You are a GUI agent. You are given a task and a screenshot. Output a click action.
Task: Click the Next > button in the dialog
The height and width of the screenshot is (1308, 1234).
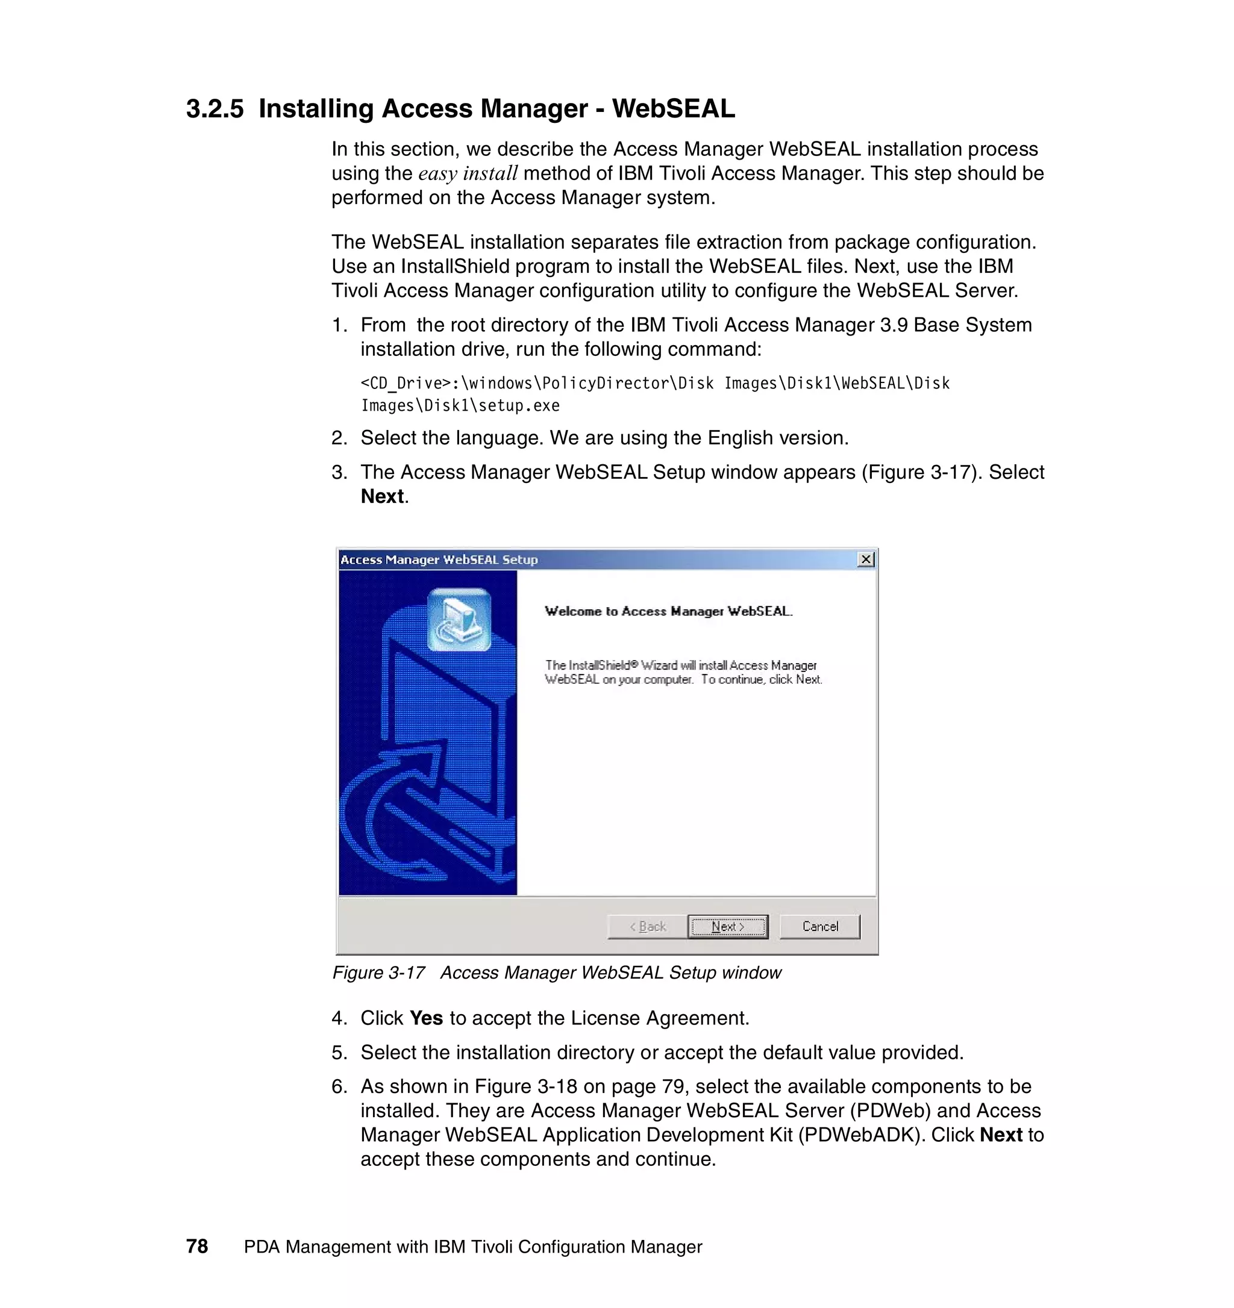[x=727, y=926]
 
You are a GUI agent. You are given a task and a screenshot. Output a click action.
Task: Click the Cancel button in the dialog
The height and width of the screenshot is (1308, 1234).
[x=819, y=926]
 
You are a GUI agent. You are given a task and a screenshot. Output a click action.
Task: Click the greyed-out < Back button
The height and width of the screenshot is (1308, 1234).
[x=648, y=926]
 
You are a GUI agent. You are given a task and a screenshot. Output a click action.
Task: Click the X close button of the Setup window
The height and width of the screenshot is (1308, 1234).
[x=866, y=559]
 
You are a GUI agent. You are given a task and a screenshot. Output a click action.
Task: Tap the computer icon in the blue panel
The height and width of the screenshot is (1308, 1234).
[x=459, y=620]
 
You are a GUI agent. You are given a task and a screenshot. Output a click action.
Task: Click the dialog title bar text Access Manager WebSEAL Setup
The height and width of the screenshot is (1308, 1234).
[x=439, y=560]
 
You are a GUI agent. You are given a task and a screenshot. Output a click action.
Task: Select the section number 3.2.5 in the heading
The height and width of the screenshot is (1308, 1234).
[x=215, y=109]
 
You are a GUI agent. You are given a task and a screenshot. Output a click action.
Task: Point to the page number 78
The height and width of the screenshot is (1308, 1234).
[x=197, y=1246]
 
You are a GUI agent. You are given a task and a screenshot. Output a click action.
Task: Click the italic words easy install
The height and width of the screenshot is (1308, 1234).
[x=468, y=173]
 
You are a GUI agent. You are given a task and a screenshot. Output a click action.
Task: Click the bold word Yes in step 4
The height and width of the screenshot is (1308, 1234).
[x=426, y=1018]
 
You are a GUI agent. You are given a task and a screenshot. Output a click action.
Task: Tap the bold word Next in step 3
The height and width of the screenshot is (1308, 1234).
[x=383, y=497]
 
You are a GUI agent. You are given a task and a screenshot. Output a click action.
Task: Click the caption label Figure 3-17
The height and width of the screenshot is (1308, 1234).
[x=378, y=973]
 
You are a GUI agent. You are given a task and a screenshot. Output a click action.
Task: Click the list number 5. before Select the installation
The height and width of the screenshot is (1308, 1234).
[x=339, y=1052]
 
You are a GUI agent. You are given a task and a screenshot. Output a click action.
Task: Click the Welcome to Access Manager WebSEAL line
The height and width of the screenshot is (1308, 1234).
[x=668, y=611]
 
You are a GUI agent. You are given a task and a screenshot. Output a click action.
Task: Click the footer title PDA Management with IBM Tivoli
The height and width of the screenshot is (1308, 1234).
[x=472, y=1247]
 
